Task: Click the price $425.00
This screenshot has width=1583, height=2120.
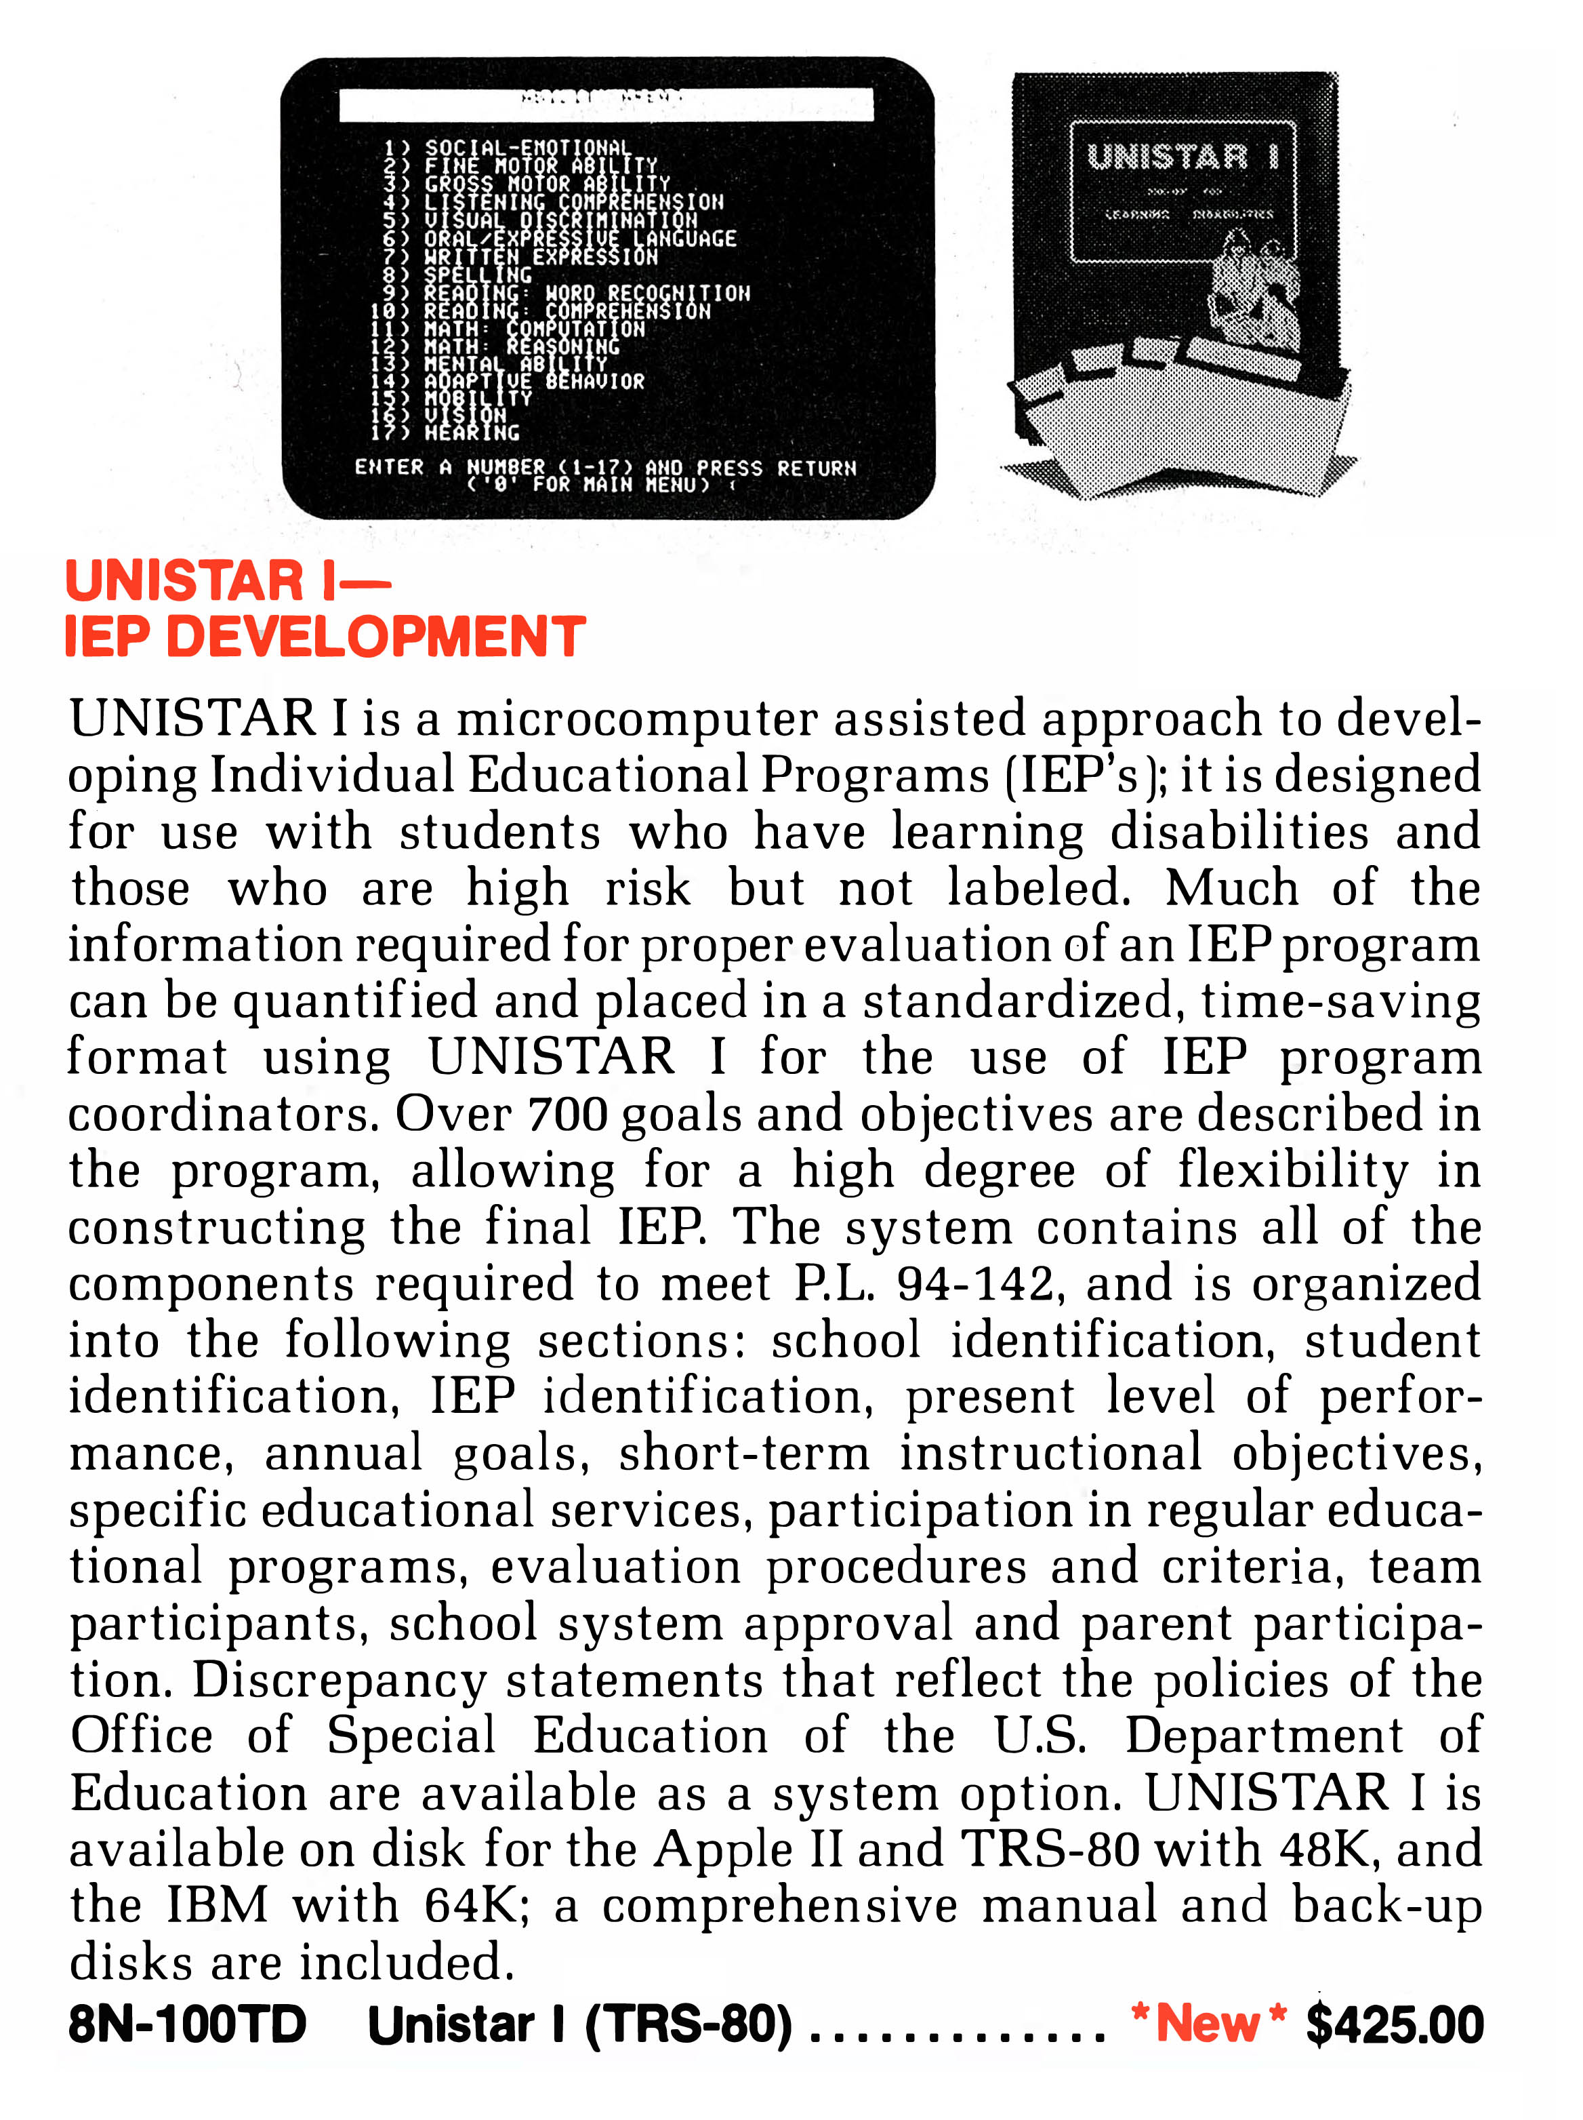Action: (1393, 2025)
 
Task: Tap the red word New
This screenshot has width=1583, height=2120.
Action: (1208, 2024)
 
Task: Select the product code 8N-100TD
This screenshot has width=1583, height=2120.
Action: (187, 2025)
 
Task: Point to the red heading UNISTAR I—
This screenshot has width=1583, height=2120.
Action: (228, 581)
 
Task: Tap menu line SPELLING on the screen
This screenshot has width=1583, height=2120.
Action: (477, 275)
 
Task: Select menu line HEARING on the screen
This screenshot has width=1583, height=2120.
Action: (472, 433)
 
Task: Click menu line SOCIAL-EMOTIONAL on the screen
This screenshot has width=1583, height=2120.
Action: (527, 148)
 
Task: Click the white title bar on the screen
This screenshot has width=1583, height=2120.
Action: (606, 104)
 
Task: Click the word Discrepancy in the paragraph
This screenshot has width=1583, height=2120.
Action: (340, 1680)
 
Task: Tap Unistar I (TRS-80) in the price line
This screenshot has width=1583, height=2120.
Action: (579, 2025)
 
